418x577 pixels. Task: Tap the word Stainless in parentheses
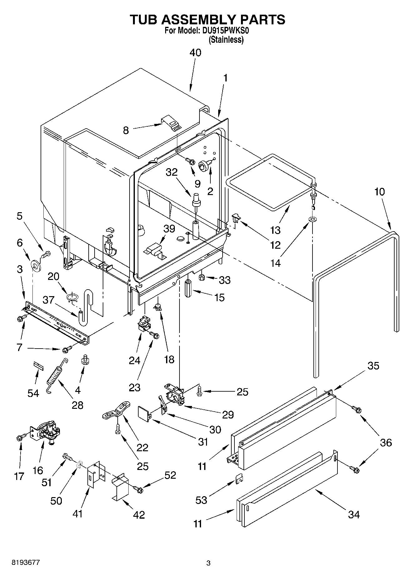(226, 40)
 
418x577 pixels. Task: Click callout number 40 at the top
(195, 53)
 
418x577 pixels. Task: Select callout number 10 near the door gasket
(379, 192)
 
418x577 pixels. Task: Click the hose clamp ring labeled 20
(72, 297)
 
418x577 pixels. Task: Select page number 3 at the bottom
(209, 563)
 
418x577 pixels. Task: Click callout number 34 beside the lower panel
(354, 514)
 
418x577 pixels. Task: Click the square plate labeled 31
(143, 413)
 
